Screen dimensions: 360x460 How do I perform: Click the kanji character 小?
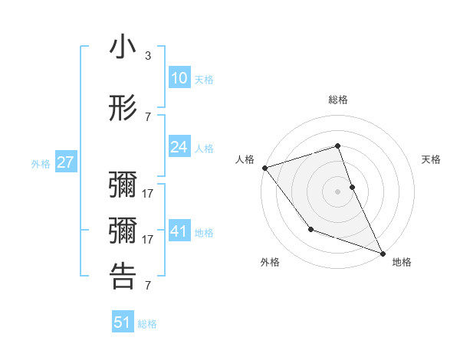tap(123, 48)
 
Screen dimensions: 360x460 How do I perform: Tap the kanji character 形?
tap(123, 108)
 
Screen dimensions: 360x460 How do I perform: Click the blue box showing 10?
tap(179, 79)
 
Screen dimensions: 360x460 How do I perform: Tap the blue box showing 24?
tap(179, 147)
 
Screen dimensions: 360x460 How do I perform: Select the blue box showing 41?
tap(179, 231)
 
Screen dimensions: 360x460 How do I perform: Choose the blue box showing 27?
tap(65, 163)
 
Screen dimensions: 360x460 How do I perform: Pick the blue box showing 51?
tap(123, 322)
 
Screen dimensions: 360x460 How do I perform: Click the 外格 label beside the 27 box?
tap(41, 164)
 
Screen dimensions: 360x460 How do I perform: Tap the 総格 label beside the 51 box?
tap(147, 324)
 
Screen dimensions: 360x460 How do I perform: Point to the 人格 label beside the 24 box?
tap(204, 148)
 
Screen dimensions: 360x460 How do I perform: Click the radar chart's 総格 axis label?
tap(338, 100)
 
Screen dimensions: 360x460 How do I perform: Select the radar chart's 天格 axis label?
tap(432, 159)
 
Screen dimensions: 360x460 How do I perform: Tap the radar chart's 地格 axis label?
tap(402, 262)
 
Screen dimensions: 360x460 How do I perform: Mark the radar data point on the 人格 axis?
tap(264, 167)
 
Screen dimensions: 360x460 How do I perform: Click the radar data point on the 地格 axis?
tap(383, 253)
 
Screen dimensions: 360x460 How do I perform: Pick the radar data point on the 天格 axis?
tap(352, 186)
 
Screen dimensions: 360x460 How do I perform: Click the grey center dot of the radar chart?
tap(338, 191)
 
